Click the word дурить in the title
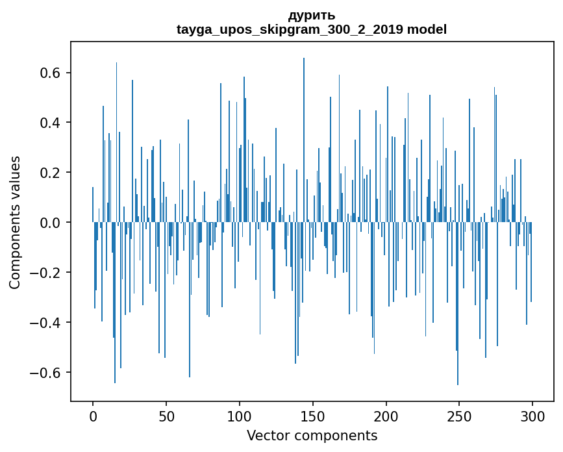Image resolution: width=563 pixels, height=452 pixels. pos(312,15)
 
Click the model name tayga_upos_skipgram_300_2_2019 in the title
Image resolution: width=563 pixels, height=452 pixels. pos(290,29)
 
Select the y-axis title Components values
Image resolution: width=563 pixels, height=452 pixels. pos(16,222)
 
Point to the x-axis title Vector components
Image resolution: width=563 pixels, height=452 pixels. pos(312,435)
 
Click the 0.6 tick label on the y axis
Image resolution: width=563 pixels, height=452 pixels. pos(50,73)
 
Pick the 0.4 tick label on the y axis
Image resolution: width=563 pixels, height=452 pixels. pos(50,123)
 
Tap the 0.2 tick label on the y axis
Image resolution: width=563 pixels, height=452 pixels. pos(50,173)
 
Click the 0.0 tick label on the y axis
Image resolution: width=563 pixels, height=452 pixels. pos(50,223)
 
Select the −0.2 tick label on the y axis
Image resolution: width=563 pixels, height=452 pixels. pos(45,273)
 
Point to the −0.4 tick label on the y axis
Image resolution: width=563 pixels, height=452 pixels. pos(45,323)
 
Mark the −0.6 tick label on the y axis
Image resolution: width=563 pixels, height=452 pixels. pos(45,373)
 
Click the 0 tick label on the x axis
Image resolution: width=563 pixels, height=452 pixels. pos(93,416)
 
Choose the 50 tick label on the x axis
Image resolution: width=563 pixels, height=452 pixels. pos(166,416)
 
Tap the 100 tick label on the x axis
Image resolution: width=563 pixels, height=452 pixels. pos(240,416)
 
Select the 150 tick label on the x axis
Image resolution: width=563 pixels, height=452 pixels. pos(313,416)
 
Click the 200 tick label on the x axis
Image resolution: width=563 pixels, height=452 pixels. pos(386,416)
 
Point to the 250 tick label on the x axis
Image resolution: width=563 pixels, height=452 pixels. pos(460,416)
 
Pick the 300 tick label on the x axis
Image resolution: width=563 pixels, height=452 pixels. pos(532,416)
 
